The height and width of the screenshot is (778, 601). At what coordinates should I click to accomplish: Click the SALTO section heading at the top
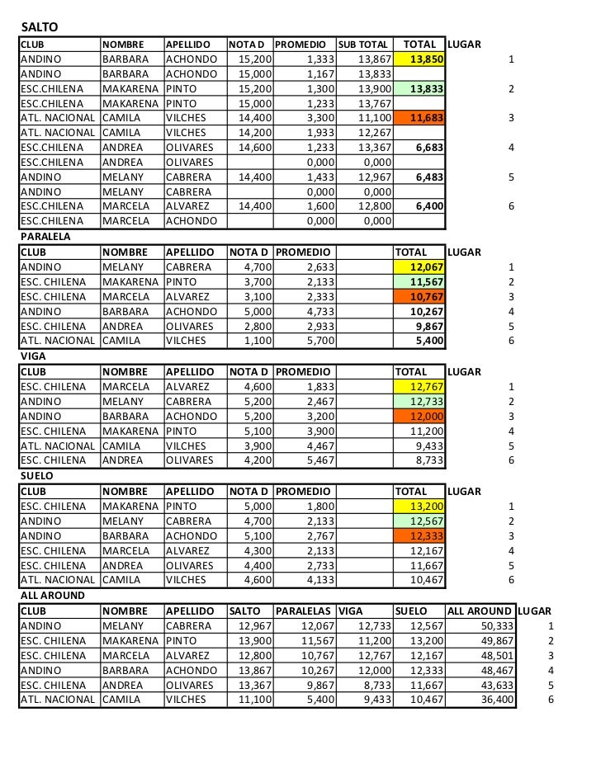tap(35, 28)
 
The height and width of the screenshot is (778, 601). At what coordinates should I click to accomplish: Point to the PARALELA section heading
tap(45, 237)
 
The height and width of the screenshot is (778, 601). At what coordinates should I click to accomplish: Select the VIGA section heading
tap(32, 356)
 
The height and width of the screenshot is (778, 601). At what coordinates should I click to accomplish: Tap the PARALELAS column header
tap(304, 611)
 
